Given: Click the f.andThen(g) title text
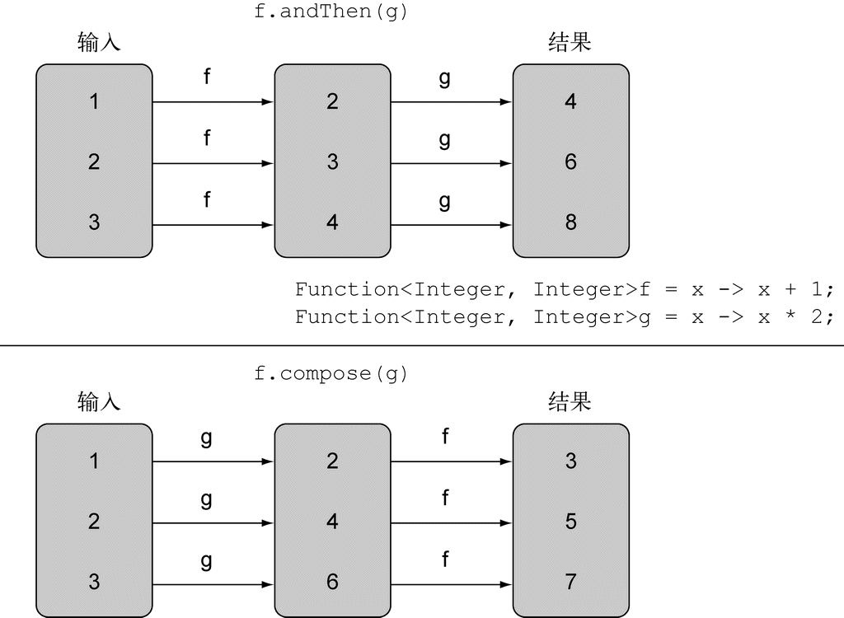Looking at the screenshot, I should tap(331, 13).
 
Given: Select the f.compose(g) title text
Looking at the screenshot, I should tap(331, 373).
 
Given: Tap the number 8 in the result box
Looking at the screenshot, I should tap(570, 222).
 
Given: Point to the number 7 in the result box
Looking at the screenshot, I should tap(570, 582).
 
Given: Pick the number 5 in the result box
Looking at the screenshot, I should tap(570, 522).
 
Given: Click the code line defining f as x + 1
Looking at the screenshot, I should tap(565, 289).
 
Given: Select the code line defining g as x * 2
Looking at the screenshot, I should tap(565, 316).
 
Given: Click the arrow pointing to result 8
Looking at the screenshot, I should tap(451, 225).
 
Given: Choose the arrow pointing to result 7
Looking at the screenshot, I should tap(451, 584).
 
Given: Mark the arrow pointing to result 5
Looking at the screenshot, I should tap(451, 523).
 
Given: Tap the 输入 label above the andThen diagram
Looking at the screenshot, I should tap(99, 43).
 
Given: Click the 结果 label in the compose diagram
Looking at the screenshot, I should tap(570, 401).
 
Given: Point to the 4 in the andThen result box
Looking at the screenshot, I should tap(570, 102).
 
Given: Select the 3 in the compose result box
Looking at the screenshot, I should tap(570, 461).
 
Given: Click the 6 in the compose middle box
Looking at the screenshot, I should tap(332, 582).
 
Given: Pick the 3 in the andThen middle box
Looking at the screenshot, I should tap(332, 162).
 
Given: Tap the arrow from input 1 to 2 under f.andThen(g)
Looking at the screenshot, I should tap(213, 103).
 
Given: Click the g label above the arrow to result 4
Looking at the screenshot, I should tap(445, 79).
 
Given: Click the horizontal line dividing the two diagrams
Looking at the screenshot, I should tap(422, 346).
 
